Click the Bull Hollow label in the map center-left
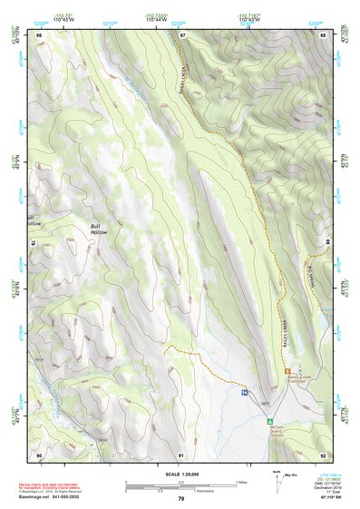coord(99,230)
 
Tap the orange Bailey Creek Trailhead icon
coord(287,371)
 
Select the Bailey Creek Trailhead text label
coord(299,379)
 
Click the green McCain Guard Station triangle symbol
coord(269,422)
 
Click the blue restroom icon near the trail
coord(245,393)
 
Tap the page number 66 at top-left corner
coord(39,35)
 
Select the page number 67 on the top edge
coord(181,35)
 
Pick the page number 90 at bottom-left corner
coord(39,454)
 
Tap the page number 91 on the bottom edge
coord(181,454)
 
